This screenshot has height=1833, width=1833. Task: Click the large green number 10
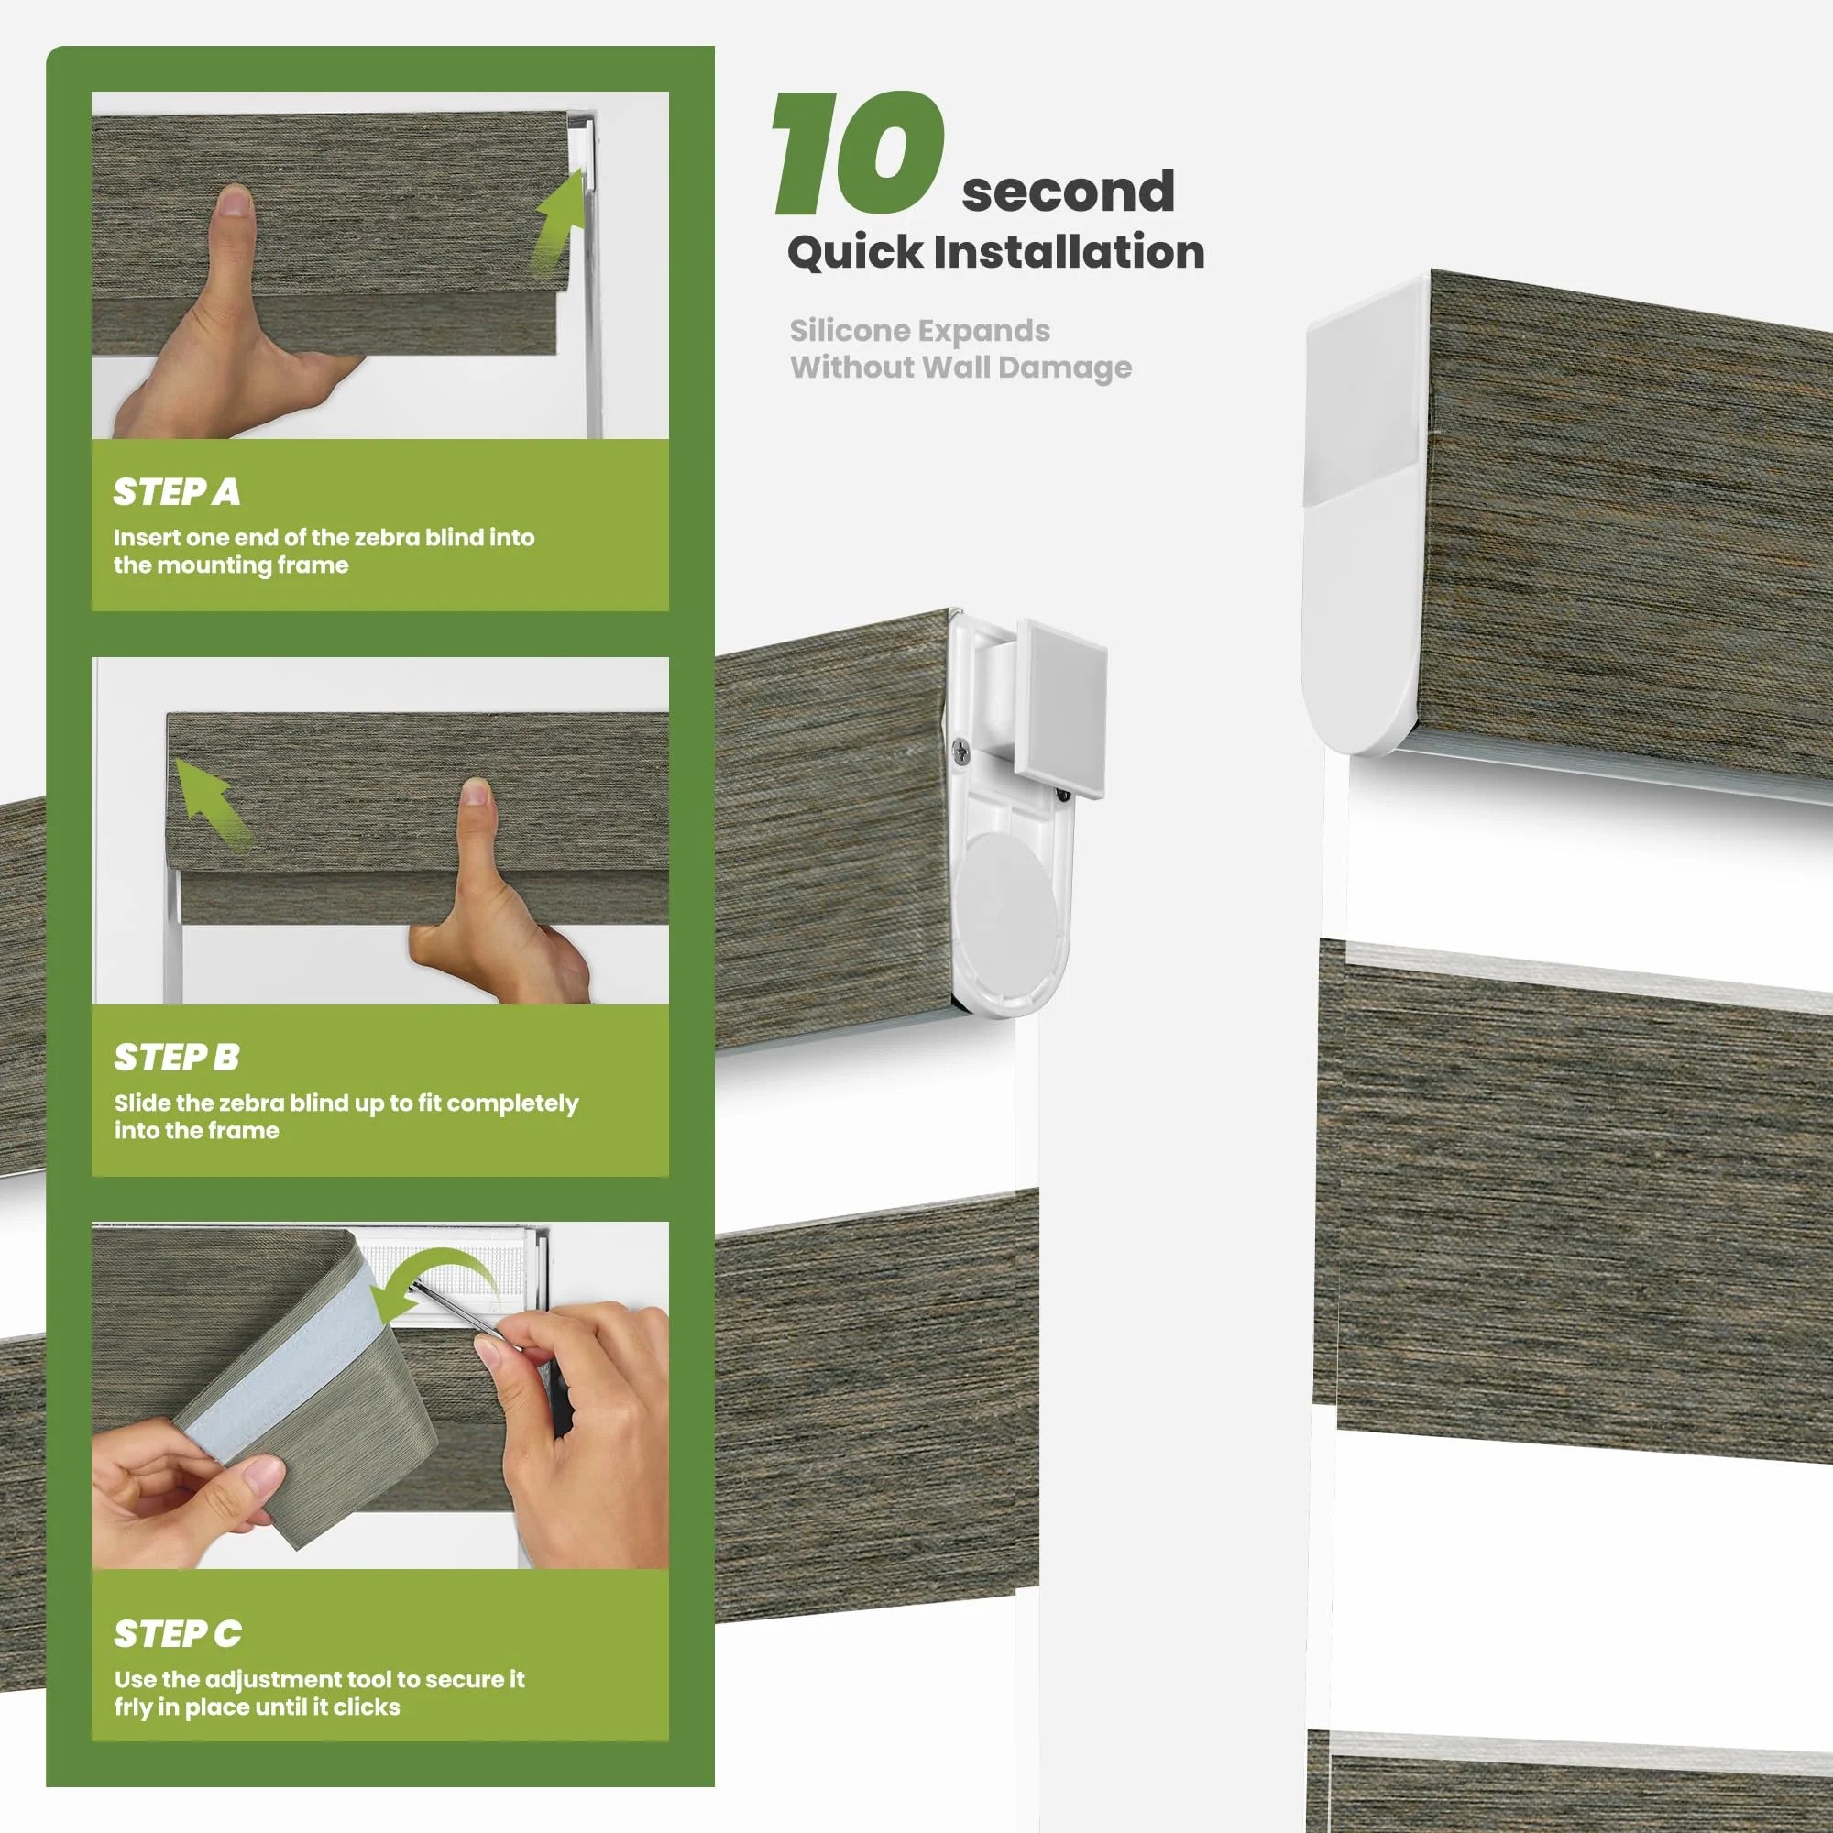click(x=859, y=154)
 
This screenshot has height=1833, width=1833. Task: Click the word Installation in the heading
click(x=1070, y=252)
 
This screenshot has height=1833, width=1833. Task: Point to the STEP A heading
click(x=177, y=491)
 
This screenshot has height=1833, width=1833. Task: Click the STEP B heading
click(x=177, y=1057)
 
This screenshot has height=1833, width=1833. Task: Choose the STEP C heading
click(x=178, y=1634)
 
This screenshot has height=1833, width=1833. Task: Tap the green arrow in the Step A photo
click(x=560, y=220)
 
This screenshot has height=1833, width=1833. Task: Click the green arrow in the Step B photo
click(x=213, y=803)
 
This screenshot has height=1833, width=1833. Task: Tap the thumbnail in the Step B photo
click(x=477, y=791)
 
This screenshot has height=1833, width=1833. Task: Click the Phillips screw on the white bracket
click(x=962, y=752)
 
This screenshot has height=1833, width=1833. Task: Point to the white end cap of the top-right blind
click(x=1367, y=512)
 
